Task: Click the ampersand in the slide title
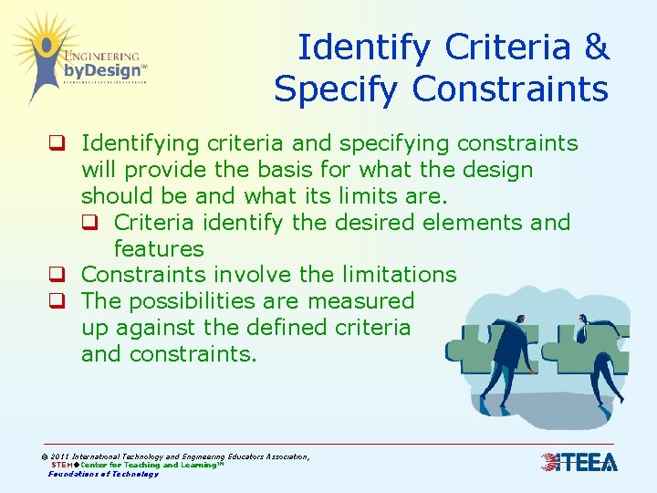pyautogui.click(x=596, y=47)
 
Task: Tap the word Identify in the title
pyautogui.click(x=359, y=47)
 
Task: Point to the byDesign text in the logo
pyautogui.click(x=102, y=70)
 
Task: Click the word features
pyautogui.click(x=158, y=248)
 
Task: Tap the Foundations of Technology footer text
pyautogui.click(x=103, y=474)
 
